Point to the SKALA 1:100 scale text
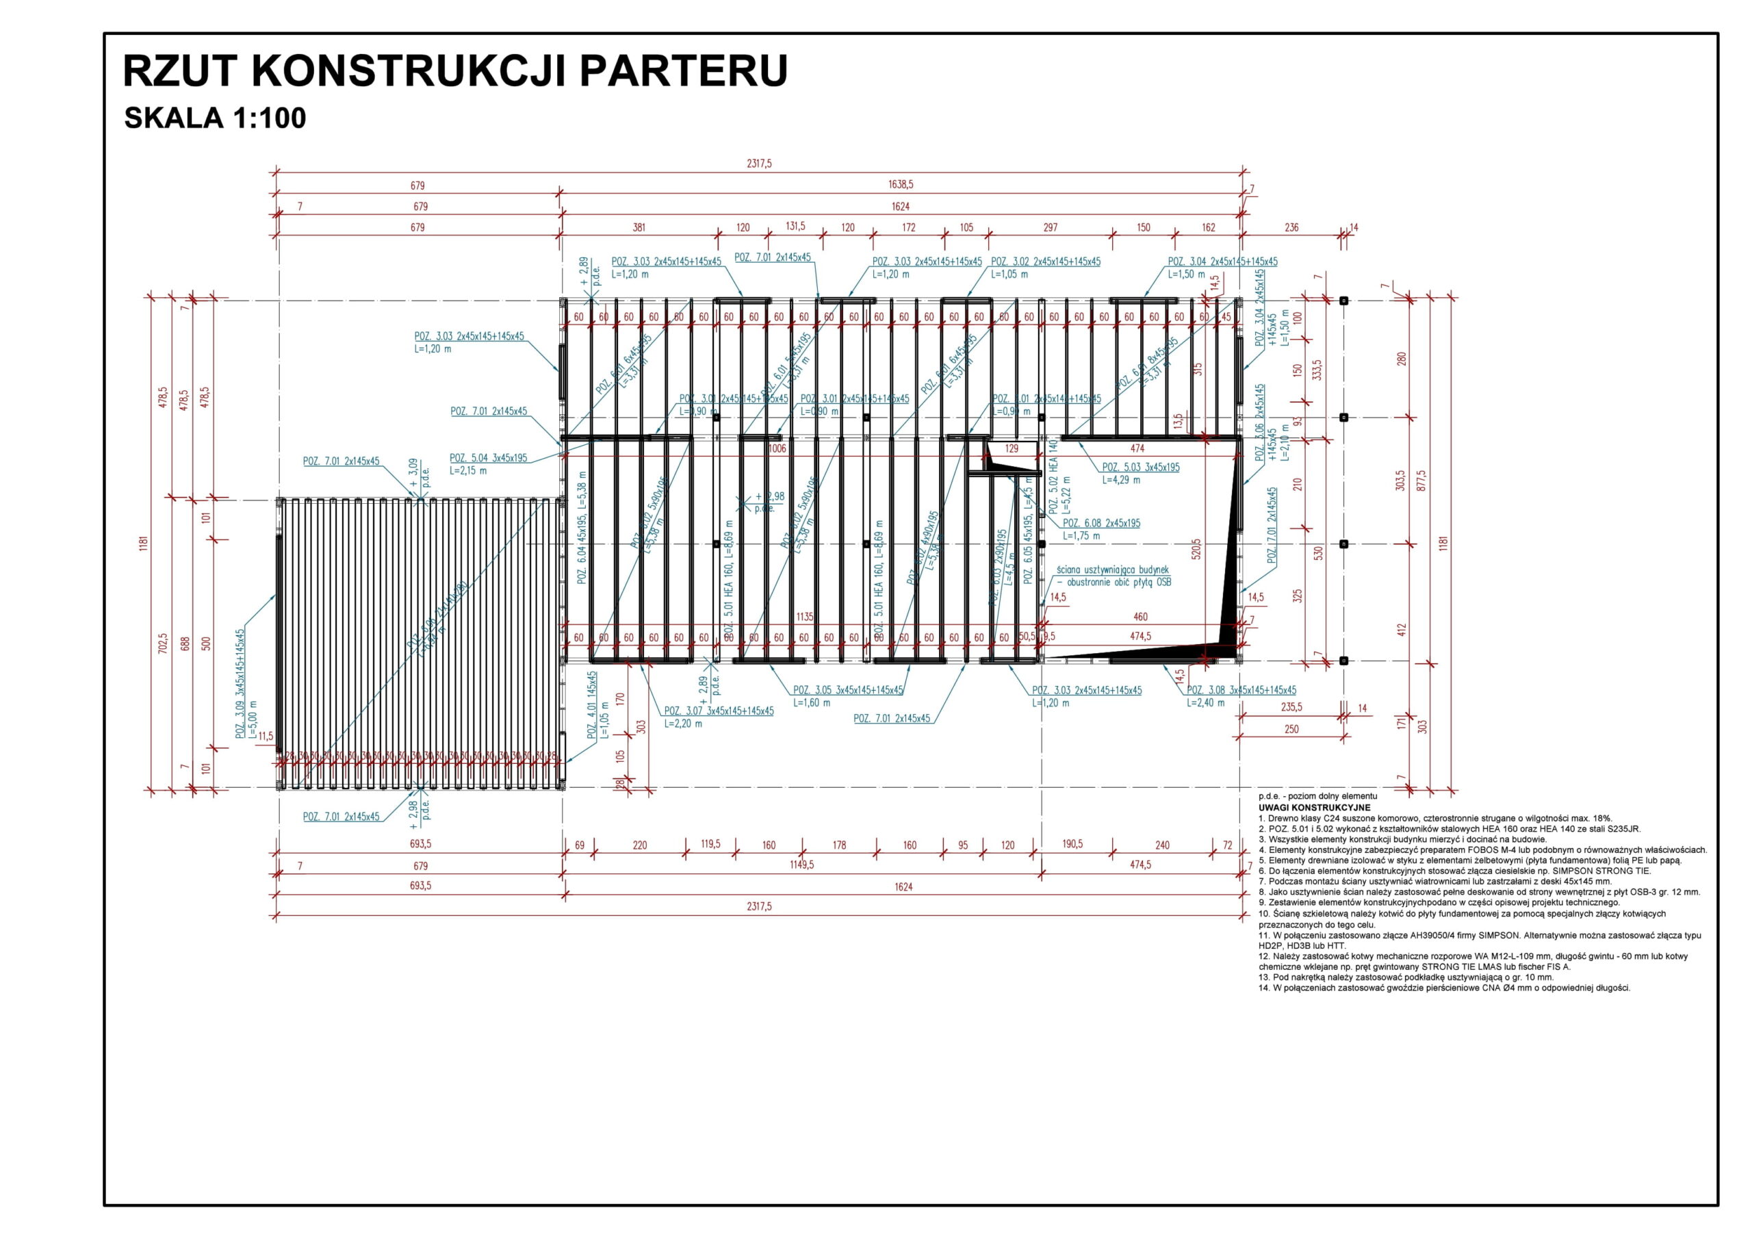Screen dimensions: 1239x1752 [214, 118]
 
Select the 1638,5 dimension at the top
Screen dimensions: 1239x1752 [901, 185]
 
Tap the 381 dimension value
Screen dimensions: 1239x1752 [639, 227]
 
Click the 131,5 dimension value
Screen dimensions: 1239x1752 [795, 226]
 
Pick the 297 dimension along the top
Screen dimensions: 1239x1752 [1050, 227]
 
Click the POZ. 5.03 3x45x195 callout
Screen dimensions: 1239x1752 [1140, 468]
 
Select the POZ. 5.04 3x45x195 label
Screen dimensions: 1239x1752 [489, 458]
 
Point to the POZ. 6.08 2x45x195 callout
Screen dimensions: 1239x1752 [1101, 523]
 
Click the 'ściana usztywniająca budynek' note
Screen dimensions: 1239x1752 [1113, 570]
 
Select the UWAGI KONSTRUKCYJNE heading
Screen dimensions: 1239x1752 [1314, 808]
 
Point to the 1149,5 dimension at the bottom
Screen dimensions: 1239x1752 [801, 865]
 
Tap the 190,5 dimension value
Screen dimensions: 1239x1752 [1072, 844]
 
